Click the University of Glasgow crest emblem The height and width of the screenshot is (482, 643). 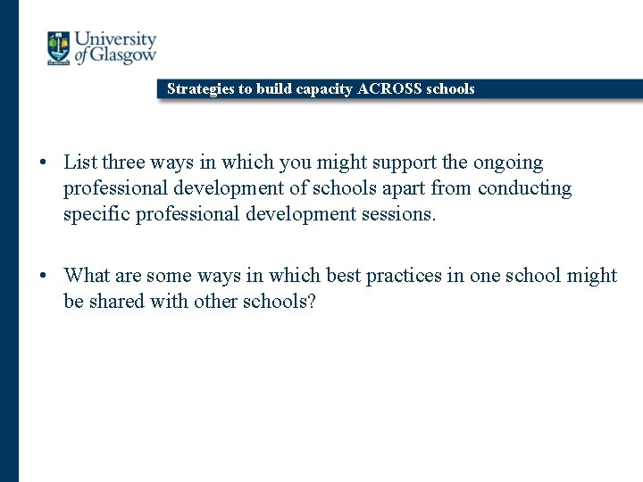coord(58,48)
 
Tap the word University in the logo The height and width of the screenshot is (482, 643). coord(115,40)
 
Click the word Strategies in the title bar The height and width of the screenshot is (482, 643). coord(199,89)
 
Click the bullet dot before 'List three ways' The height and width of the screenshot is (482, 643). coord(43,163)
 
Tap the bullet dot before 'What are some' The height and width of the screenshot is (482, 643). coord(43,276)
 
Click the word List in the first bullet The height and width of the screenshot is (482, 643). coord(80,162)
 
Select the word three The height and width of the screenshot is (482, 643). coord(124,162)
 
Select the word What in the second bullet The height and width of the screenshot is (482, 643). coord(87,275)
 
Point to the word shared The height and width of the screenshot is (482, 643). coord(121,301)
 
